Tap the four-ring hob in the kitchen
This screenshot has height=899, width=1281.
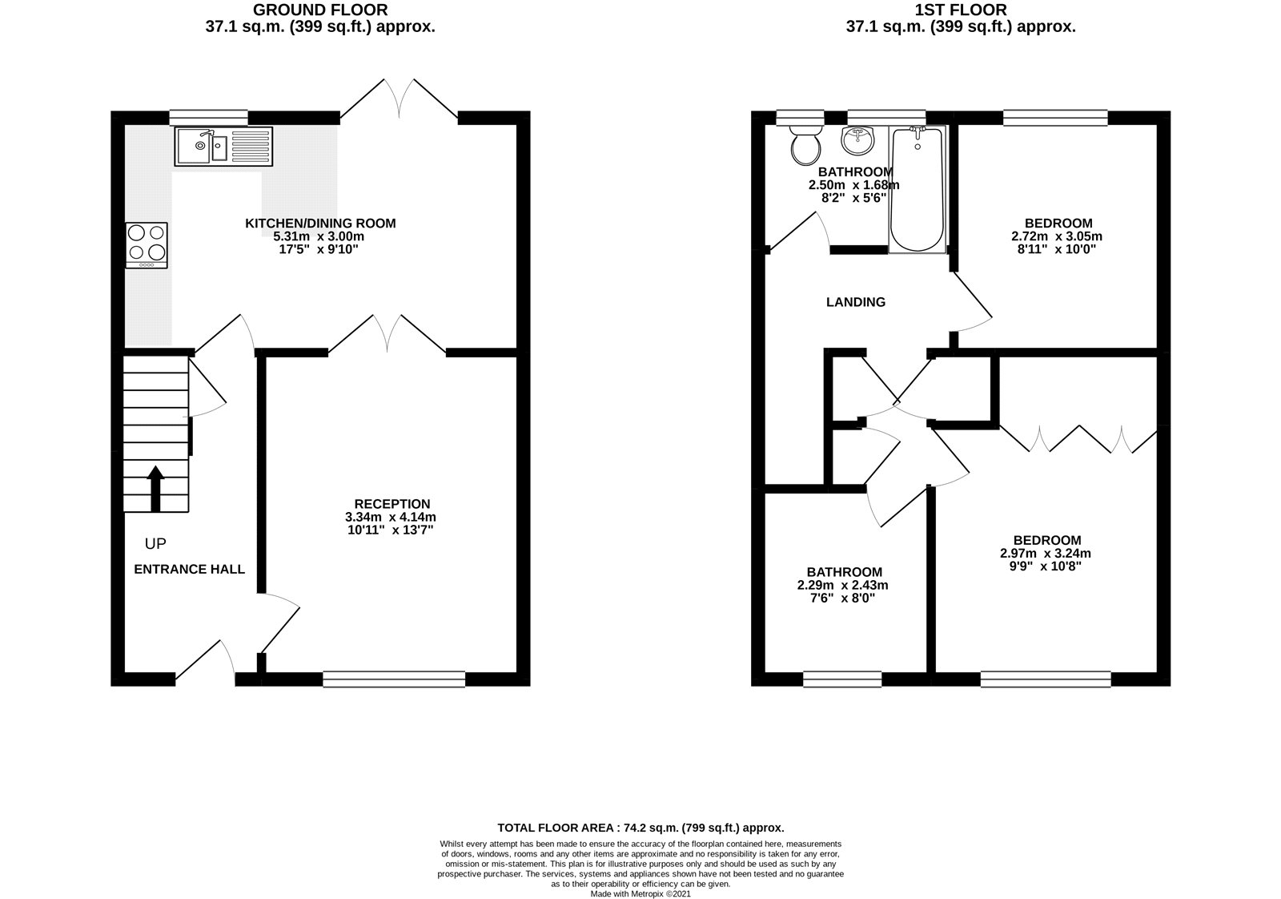147,244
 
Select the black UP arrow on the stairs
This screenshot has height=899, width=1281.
155,489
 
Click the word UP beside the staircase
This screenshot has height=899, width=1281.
155,544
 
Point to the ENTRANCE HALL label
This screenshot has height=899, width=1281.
189,570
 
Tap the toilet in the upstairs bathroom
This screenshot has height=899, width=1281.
805,144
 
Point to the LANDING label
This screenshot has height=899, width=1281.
855,302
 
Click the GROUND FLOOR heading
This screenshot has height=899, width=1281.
320,10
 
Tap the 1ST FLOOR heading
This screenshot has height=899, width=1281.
961,10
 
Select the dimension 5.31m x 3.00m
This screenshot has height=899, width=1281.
319,236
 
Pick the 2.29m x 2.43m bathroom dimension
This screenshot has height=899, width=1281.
842,585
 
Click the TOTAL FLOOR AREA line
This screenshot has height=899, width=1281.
640,828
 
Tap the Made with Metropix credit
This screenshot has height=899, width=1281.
640,893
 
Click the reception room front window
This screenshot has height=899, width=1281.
394,679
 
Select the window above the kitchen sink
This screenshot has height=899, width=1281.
208,117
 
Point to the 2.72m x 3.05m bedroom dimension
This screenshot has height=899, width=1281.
1056,236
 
